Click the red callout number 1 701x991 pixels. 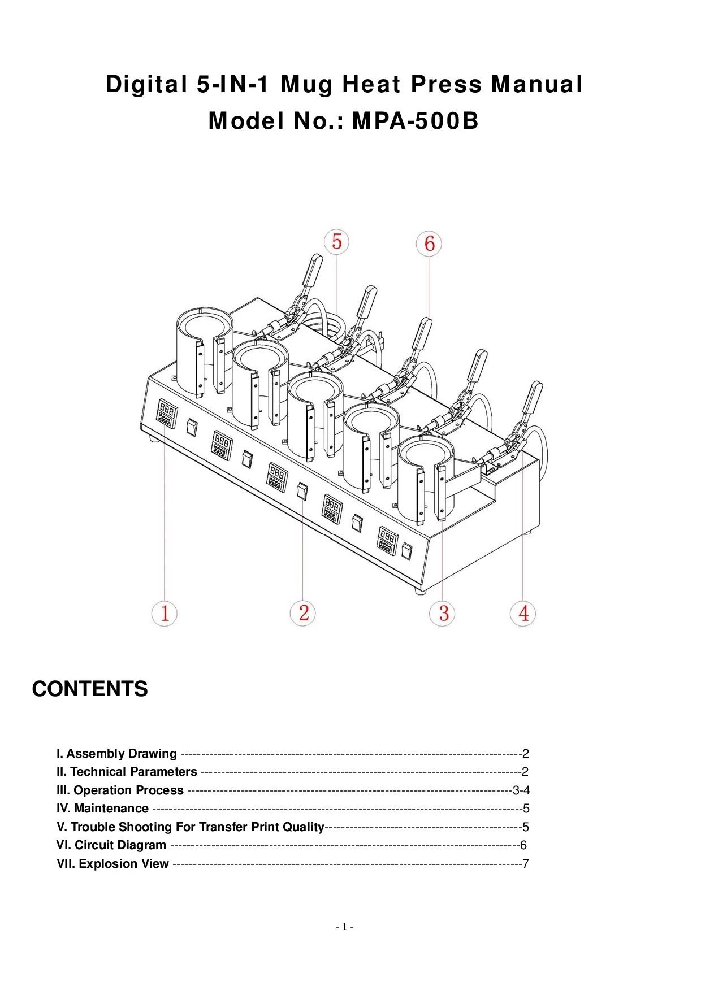pyautogui.click(x=165, y=613)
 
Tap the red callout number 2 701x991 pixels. pyautogui.click(x=303, y=613)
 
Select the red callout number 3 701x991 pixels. pyautogui.click(x=443, y=613)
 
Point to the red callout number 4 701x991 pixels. pyautogui.click(x=523, y=613)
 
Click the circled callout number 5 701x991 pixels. pyautogui.click(x=336, y=242)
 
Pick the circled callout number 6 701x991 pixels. pyautogui.click(x=429, y=244)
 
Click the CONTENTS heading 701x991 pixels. pyautogui.click(x=90, y=689)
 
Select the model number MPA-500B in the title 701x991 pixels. pyautogui.click(x=415, y=121)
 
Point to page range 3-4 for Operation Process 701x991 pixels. pyautogui.click(x=521, y=790)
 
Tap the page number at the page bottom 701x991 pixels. pyautogui.click(x=344, y=927)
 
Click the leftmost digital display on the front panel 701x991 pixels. pyautogui.click(x=165, y=412)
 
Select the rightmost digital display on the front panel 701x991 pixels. pyautogui.click(x=387, y=540)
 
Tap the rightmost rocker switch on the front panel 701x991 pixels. pyautogui.click(x=406, y=550)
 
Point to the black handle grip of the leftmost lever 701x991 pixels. pyautogui.click(x=313, y=270)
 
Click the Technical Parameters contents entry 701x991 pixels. pyautogui.click(x=127, y=772)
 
